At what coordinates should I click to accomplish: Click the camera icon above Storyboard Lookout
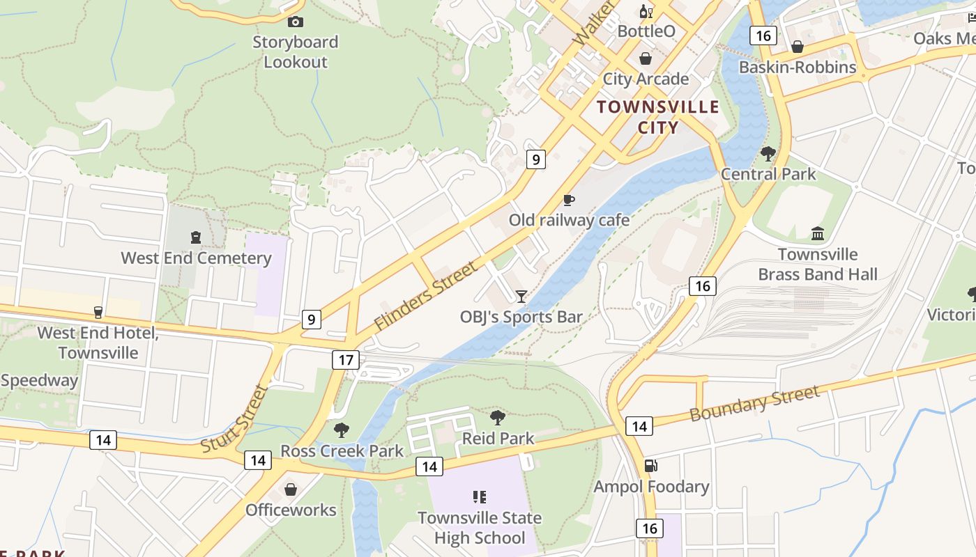point(296,22)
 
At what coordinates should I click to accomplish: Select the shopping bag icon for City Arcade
point(646,58)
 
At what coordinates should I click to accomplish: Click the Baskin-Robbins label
point(798,67)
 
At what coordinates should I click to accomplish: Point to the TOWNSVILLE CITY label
point(658,117)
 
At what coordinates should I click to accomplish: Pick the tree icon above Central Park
point(768,153)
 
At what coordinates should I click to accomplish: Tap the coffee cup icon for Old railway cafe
point(569,201)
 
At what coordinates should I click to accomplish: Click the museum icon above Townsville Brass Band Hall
point(818,233)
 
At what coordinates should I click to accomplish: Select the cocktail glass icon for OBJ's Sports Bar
point(521,297)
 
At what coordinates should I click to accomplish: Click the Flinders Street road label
point(427,296)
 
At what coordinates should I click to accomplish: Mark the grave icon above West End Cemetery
point(196,238)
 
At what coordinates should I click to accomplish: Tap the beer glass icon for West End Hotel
point(98,313)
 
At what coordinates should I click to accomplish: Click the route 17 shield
point(346,360)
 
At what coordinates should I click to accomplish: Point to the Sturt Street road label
point(234,419)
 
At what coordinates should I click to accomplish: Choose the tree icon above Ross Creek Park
point(341,430)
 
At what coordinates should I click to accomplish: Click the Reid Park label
point(498,438)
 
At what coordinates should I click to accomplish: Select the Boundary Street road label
point(754,404)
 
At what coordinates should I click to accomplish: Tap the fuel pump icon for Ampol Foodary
point(650,466)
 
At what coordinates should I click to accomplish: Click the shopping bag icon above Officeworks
point(291,489)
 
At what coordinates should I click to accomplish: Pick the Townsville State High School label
point(480,528)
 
